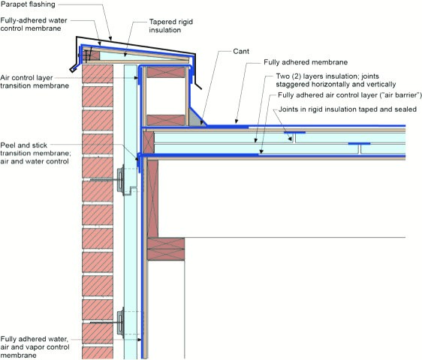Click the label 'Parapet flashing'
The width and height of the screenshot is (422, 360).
pos(28,4)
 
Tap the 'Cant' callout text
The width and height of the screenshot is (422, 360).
pos(241,51)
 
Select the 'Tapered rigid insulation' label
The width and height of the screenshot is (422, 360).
pos(171,25)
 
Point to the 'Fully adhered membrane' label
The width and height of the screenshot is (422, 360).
pos(306,62)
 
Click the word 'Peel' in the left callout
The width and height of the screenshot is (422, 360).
pos(8,145)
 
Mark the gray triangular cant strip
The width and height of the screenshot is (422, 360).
pos(197,117)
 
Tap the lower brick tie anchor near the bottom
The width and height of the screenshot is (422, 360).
pos(121,322)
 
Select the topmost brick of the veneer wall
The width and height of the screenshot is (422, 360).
pos(98,73)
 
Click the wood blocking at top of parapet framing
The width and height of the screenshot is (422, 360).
pos(166,72)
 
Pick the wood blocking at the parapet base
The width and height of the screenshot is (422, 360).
pos(166,120)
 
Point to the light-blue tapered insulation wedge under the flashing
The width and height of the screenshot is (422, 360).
pos(140,56)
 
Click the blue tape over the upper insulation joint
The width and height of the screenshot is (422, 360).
pos(294,132)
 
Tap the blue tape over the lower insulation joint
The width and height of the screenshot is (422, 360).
pos(359,143)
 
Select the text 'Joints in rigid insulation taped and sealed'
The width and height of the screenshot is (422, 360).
pos(348,109)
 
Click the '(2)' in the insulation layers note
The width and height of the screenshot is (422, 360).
pos(296,76)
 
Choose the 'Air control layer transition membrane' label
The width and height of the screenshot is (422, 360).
pos(35,82)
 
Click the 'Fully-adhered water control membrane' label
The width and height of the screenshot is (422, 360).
pos(34,25)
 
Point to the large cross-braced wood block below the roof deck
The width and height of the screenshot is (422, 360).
pos(166,249)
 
